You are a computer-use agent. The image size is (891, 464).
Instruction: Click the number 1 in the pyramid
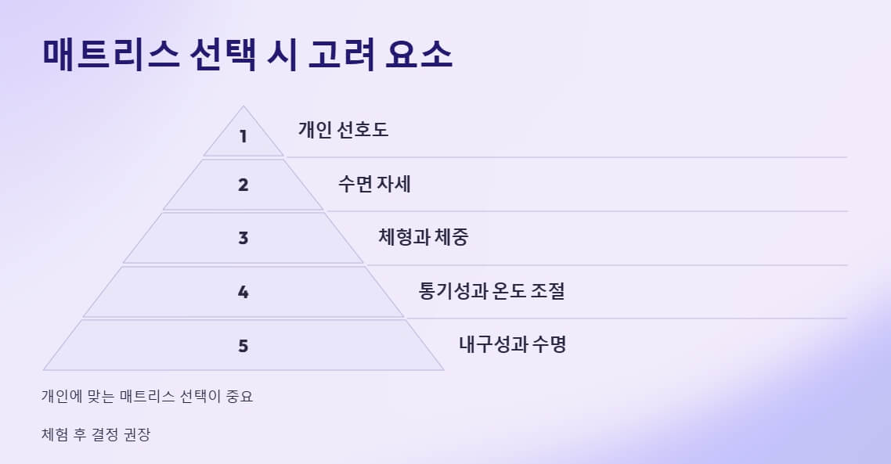click(243, 136)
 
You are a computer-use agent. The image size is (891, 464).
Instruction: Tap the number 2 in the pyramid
click(243, 185)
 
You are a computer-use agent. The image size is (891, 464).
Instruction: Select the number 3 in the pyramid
click(243, 238)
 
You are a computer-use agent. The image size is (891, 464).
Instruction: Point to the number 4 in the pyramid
click(243, 292)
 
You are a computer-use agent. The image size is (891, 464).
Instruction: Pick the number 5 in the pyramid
click(243, 345)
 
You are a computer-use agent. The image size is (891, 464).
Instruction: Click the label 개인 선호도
click(343, 130)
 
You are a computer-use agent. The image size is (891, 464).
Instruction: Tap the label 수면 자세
click(374, 185)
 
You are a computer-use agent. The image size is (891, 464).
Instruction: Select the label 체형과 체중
click(423, 237)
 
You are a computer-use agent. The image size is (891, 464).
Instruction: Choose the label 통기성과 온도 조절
click(492, 291)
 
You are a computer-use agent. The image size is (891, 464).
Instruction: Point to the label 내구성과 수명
click(512, 344)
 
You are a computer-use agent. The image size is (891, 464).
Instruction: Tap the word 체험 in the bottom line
click(55, 434)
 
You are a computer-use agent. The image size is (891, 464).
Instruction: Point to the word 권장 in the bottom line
click(136, 434)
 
